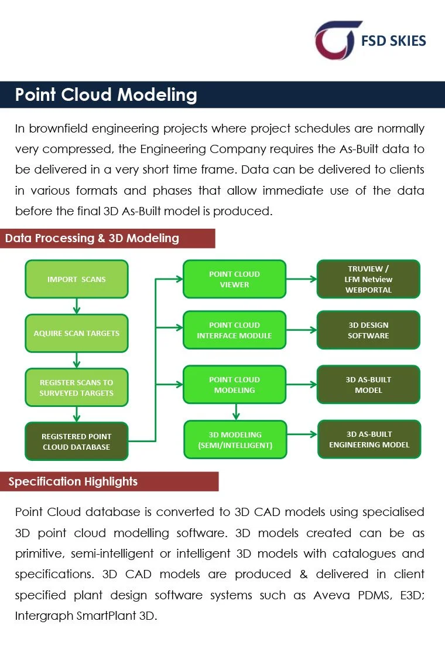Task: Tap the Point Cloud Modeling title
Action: [106, 95]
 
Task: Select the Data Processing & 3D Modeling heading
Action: [92, 238]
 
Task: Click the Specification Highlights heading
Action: [73, 481]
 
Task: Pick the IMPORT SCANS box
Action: [77, 279]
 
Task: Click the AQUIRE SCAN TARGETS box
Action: [77, 333]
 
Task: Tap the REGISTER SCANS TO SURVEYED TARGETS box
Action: [77, 388]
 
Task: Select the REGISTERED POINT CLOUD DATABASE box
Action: [77, 442]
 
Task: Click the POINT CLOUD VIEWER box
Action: [234, 279]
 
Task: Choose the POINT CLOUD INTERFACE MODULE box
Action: [234, 330]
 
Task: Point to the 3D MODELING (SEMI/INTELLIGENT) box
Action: [234, 440]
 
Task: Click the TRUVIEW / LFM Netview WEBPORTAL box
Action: [368, 279]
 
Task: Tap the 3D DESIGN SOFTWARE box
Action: [368, 330]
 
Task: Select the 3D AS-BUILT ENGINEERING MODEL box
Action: [368, 440]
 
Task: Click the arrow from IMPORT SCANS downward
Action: [77, 306]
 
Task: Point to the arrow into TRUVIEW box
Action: [301, 279]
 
